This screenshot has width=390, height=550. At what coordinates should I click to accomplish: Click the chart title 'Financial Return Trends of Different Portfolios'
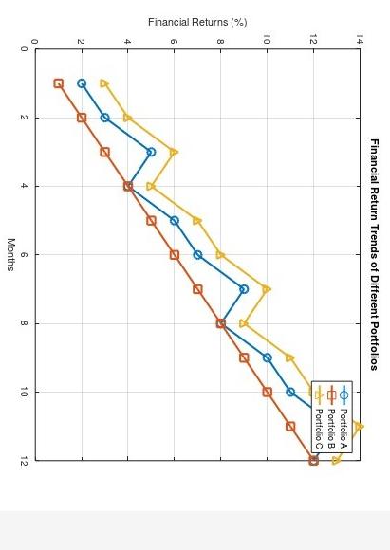pyautogui.click(x=375, y=254)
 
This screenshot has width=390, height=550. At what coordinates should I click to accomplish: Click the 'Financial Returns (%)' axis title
pyautogui.click(x=197, y=22)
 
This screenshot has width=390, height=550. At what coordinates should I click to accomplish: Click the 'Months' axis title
pyautogui.click(x=10, y=254)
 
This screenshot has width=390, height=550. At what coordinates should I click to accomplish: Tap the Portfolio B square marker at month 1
pyautogui.click(x=58, y=83)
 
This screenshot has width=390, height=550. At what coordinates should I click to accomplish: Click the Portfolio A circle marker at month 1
pyautogui.click(x=82, y=83)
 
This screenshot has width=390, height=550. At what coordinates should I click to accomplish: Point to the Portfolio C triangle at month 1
pyautogui.click(x=104, y=83)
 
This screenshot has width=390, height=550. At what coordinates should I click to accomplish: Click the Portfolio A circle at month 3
pyautogui.click(x=151, y=152)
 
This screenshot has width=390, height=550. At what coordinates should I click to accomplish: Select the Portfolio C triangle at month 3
pyautogui.click(x=174, y=152)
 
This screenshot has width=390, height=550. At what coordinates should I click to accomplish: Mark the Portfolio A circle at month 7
pyautogui.click(x=244, y=289)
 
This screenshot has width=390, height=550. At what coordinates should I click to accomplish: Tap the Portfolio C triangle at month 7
pyautogui.click(x=267, y=289)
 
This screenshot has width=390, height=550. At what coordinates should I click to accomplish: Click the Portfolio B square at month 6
pyautogui.click(x=175, y=255)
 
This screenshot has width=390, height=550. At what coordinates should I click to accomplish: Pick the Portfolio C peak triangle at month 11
pyautogui.click(x=359, y=426)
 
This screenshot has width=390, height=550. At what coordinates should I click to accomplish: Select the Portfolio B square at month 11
pyautogui.click(x=290, y=426)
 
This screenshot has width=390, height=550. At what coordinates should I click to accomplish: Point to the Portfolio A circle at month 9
pyautogui.click(x=267, y=357)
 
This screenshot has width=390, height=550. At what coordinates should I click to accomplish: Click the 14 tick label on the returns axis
pyautogui.click(x=360, y=41)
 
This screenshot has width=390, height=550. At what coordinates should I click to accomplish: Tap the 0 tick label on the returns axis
pyautogui.click(x=35, y=41)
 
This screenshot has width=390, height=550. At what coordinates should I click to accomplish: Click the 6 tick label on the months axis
pyautogui.click(x=24, y=255)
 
